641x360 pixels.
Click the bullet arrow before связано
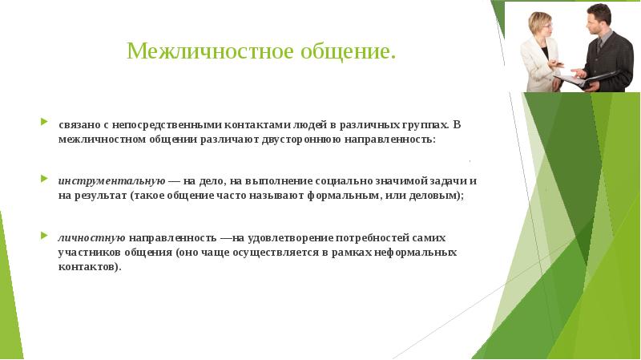44,124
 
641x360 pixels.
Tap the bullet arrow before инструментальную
44,179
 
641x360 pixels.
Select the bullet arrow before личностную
44,237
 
